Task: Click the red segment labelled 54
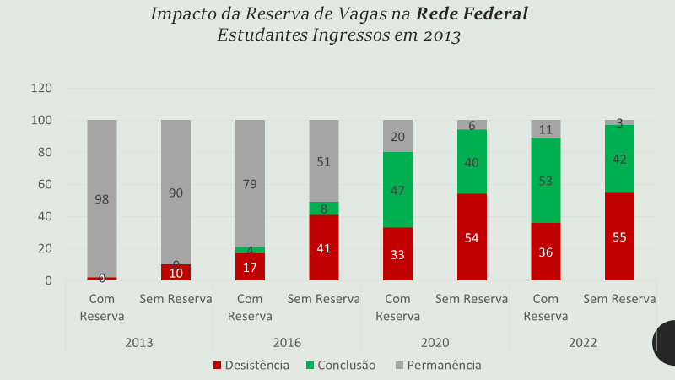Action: click(x=472, y=237)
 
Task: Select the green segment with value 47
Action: click(x=397, y=190)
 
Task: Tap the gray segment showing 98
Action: click(x=102, y=198)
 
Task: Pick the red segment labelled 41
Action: click(x=324, y=247)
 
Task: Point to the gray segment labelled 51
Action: click(x=324, y=161)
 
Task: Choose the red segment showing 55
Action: click(x=619, y=236)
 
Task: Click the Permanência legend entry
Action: click(x=438, y=366)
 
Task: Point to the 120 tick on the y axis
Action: click(x=42, y=89)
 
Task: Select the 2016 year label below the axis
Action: click(x=287, y=343)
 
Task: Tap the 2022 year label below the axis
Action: click(x=583, y=343)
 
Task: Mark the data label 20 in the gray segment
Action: click(x=397, y=137)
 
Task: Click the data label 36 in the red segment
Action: click(x=546, y=252)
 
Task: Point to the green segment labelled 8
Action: click(x=324, y=209)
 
